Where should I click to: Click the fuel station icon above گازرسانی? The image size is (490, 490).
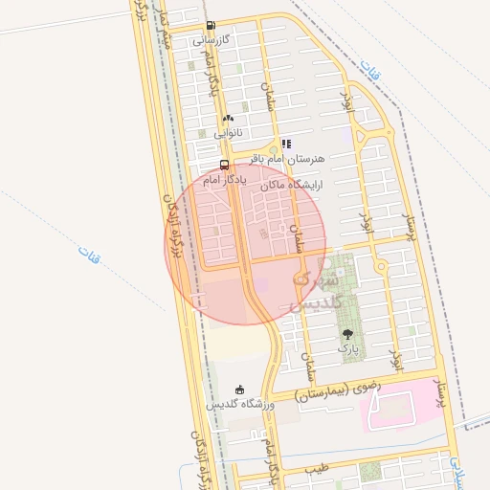click(x=211, y=26)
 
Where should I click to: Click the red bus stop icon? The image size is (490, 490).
click(x=224, y=164)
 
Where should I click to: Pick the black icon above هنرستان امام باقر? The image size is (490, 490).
click(x=286, y=144)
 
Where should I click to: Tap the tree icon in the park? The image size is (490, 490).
click(x=346, y=335)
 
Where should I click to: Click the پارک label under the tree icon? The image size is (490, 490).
click(x=347, y=350)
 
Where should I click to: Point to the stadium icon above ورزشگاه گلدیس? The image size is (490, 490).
click(x=239, y=390)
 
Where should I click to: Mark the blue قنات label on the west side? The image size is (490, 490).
click(x=89, y=254)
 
